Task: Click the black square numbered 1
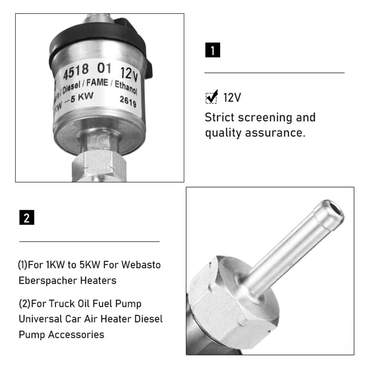(212, 50)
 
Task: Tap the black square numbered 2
(27, 218)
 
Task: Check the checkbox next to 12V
(211, 98)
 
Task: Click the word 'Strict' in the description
(219, 117)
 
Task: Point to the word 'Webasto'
(142, 265)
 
